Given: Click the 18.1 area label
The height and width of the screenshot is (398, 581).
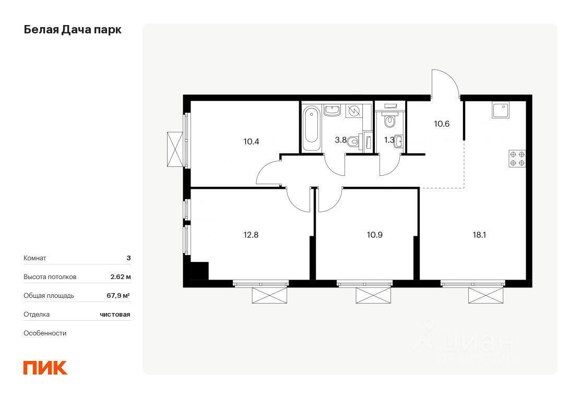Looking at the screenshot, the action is [479, 235].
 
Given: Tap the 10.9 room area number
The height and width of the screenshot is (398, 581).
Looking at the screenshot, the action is [375, 235].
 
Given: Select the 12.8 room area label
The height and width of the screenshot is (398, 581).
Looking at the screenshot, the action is [251, 235].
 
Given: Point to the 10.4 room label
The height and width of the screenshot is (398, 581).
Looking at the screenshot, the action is [251, 141].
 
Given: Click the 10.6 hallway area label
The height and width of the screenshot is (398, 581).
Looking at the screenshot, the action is [442, 124].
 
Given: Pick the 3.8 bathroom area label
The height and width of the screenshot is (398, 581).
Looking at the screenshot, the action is [340, 140].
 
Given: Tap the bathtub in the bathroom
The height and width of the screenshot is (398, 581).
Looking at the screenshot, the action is [311, 128].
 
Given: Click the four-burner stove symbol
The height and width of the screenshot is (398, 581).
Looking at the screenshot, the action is [517, 159].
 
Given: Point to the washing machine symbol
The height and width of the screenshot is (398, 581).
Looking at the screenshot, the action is [354, 111].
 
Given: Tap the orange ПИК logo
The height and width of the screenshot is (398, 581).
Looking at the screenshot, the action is [45, 368].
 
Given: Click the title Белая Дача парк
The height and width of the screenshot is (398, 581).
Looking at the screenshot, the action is [73, 30].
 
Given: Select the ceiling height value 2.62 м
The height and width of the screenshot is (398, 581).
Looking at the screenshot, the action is [121, 277].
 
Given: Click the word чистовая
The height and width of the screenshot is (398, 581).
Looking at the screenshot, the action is [115, 315].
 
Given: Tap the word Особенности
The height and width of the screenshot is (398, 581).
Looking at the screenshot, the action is [45, 333].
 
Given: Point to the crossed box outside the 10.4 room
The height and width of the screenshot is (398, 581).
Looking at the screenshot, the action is [175, 149].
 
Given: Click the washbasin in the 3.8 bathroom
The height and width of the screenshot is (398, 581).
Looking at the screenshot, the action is [333, 110].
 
